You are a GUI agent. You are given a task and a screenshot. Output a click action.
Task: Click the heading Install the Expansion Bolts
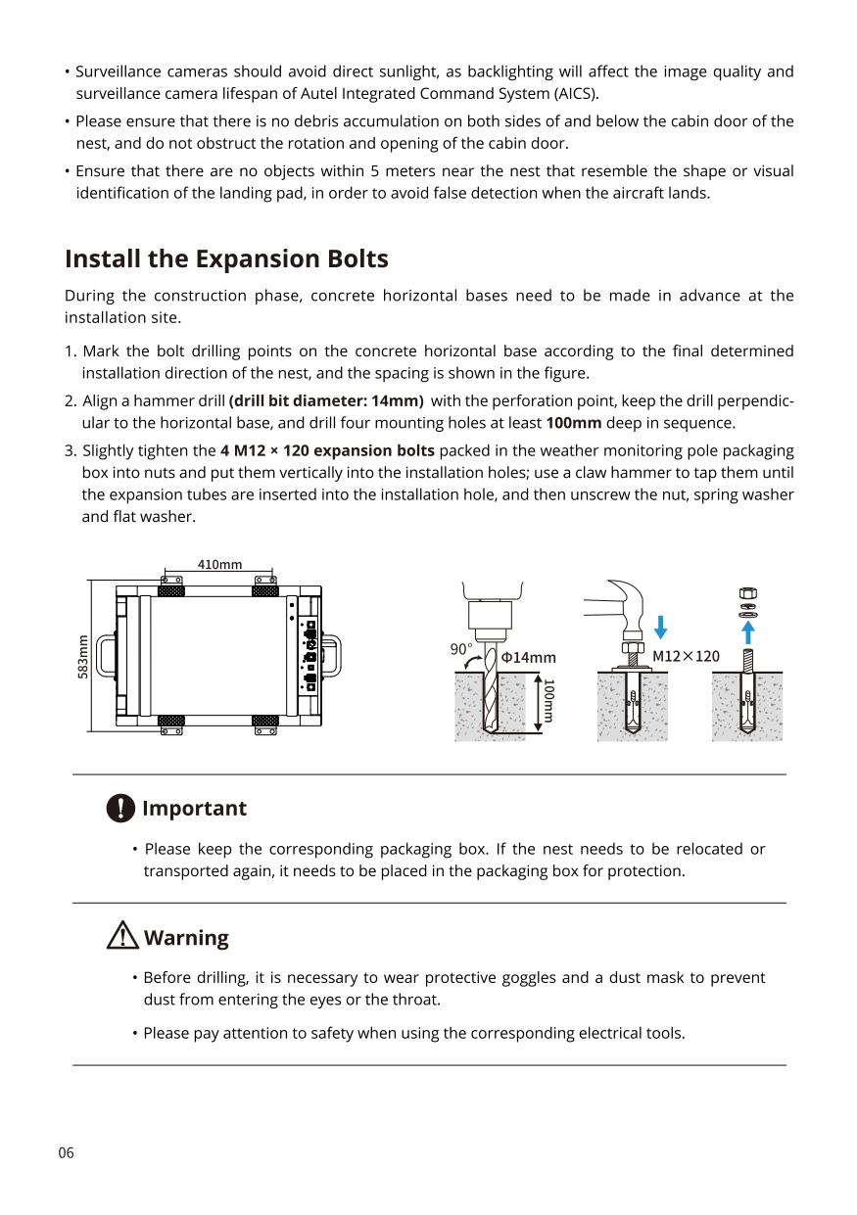point(226,259)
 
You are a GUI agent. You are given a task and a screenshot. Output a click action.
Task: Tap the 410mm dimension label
point(219,565)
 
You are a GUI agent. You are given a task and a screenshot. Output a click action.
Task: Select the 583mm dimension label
point(83,656)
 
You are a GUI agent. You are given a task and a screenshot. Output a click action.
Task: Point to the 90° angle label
point(461,649)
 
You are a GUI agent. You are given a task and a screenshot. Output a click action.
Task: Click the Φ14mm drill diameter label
point(528,657)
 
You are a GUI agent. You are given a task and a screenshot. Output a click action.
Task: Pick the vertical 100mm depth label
point(549,700)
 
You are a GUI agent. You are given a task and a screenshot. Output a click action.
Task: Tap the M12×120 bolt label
point(686,655)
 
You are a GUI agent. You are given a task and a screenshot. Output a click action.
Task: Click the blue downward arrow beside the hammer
point(661,627)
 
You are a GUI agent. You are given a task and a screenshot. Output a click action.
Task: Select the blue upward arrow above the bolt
point(748,631)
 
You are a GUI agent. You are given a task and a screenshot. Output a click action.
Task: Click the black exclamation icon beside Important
point(119,809)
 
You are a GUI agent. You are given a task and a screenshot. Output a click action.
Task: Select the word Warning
point(186,938)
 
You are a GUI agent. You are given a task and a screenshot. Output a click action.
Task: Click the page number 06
point(66,1152)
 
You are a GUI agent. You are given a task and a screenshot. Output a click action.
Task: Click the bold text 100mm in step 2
point(573,423)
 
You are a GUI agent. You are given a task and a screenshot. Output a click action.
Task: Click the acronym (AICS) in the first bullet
point(576,94)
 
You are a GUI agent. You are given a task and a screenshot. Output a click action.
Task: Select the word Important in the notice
point(194,809)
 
